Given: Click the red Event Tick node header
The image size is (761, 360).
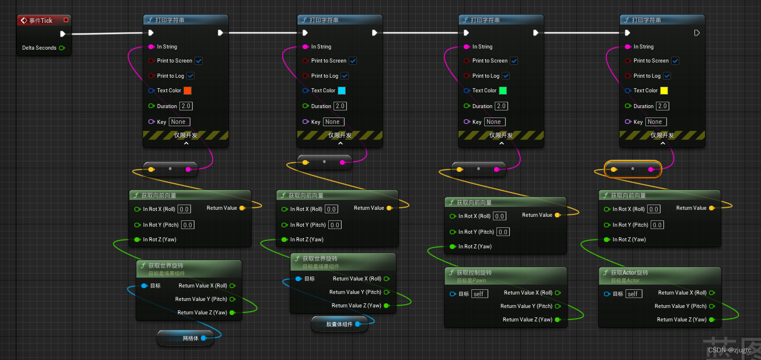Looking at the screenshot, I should coord(41,20).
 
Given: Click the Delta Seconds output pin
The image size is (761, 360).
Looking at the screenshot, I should coord(62,48).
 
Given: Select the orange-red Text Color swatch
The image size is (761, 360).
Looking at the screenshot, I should coord(187,91).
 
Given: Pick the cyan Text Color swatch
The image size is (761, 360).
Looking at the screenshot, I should coord(342,91).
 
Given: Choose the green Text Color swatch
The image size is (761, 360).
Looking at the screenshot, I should coord(503,91).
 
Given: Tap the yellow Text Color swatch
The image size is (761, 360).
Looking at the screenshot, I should coord(664,91).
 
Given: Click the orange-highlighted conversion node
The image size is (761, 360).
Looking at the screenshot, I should coord(633,169).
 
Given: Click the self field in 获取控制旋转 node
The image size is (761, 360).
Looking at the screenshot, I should coord(479,293).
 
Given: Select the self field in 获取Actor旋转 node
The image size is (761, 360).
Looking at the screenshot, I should coord(634,293).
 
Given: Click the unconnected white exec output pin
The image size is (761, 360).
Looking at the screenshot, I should coord(697,33).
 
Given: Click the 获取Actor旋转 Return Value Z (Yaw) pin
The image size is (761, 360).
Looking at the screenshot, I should coord(711,320).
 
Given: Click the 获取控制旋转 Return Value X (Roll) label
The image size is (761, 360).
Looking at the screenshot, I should coord(528,293).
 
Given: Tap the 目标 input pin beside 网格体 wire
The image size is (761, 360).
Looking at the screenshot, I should coord(144,286).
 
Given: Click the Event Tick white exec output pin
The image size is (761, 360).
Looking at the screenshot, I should coord(62,34).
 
